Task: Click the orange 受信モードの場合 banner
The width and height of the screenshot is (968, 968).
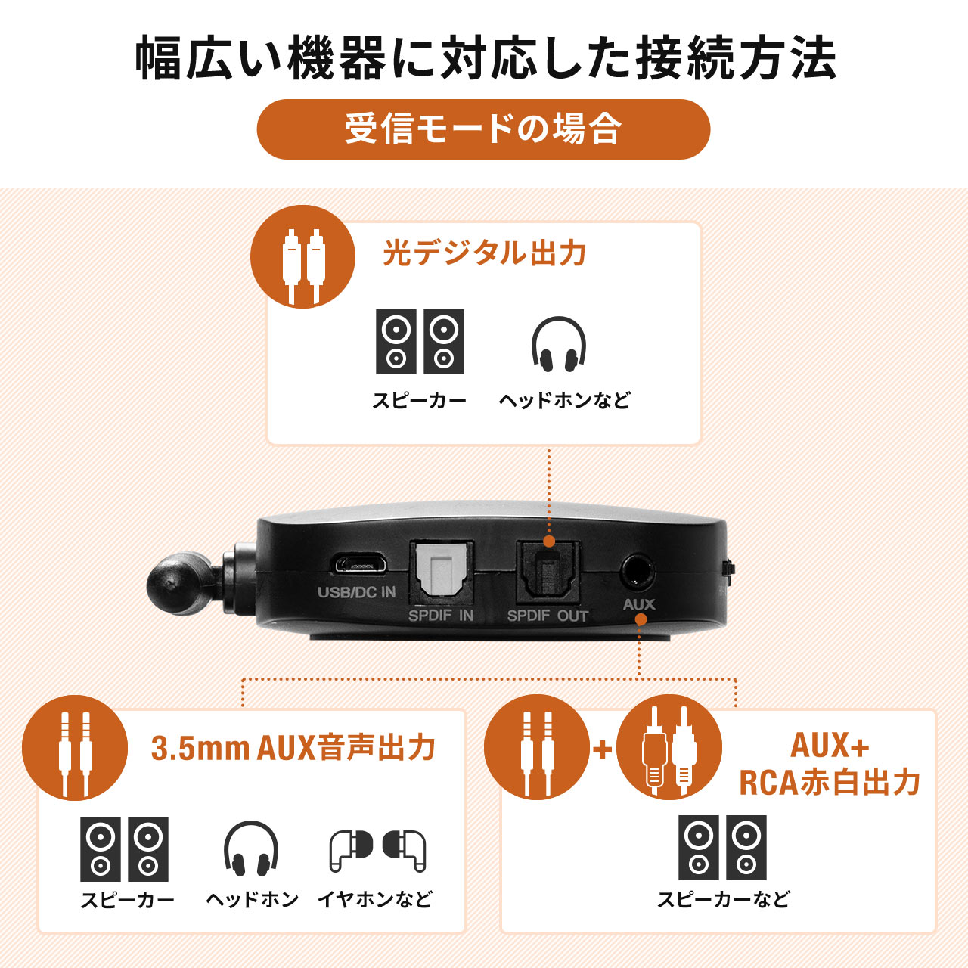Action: tap(483, 129)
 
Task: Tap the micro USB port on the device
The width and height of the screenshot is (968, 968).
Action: tap(358, 564)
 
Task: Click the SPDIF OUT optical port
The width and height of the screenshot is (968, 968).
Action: tap(548, 572)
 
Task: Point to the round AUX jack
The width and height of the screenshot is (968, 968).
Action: tap(638, 571)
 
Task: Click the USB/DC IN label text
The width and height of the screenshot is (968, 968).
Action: tap(356, 592)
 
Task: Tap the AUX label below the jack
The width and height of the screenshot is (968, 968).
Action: tap(639, 604)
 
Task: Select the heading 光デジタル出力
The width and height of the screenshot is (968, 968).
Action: tap(484, 253)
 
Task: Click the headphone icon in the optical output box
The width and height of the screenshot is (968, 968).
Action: tap(559, 345)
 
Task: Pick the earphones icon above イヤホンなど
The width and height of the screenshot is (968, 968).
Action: tap(377, 850)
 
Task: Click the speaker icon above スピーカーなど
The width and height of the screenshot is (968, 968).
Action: tap(722, 848)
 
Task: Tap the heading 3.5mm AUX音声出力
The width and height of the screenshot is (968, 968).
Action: tap(293, 748)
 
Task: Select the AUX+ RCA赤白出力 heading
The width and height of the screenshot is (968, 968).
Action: tap(830, 764)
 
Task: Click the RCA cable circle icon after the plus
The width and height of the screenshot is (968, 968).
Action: tap(669, 747)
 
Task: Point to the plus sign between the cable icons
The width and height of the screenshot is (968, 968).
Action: tap(603, 749)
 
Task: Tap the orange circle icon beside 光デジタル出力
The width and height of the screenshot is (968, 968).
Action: tap(302, 257)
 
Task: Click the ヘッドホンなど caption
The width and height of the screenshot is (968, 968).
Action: tap(564, 400)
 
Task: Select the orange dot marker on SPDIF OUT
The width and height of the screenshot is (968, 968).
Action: tap(549, 541)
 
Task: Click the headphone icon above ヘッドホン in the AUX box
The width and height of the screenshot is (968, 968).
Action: tap(251, 849)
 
